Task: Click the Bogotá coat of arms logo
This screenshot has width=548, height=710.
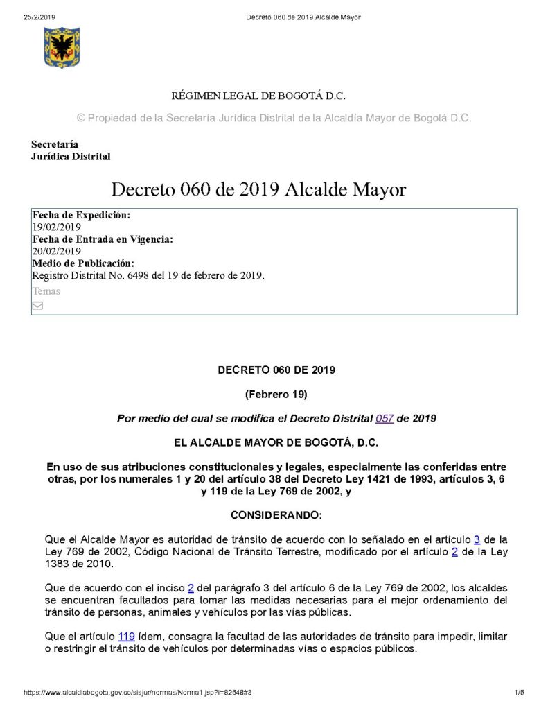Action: [x=62, y=47]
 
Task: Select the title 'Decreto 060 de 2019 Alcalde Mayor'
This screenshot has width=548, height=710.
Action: [x=258, y=189]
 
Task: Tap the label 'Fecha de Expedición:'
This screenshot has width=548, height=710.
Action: [x=81, y=216]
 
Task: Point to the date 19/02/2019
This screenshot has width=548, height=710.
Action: [x=57, y=227]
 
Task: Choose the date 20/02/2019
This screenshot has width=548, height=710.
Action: [x=57, y=251]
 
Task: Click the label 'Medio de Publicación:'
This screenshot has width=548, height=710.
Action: [x=83, y=263]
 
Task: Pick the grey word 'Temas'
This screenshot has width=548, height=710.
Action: [x=46, y=291]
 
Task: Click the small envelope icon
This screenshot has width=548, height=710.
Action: [x=38, y=305]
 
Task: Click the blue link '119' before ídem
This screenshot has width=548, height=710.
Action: [x=126, y=637]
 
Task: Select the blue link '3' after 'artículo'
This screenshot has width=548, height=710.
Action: [x=477, y=539]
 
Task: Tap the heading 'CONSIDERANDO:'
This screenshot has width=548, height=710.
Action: [x=276, y=515]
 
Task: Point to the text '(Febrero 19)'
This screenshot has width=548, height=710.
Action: [x=276, y=395]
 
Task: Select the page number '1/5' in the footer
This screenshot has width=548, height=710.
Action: [x=519, y=693]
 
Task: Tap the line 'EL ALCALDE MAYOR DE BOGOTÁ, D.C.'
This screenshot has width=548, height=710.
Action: [x=276, y=442]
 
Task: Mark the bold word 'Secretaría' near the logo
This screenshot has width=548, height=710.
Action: [x=55, y=144]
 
